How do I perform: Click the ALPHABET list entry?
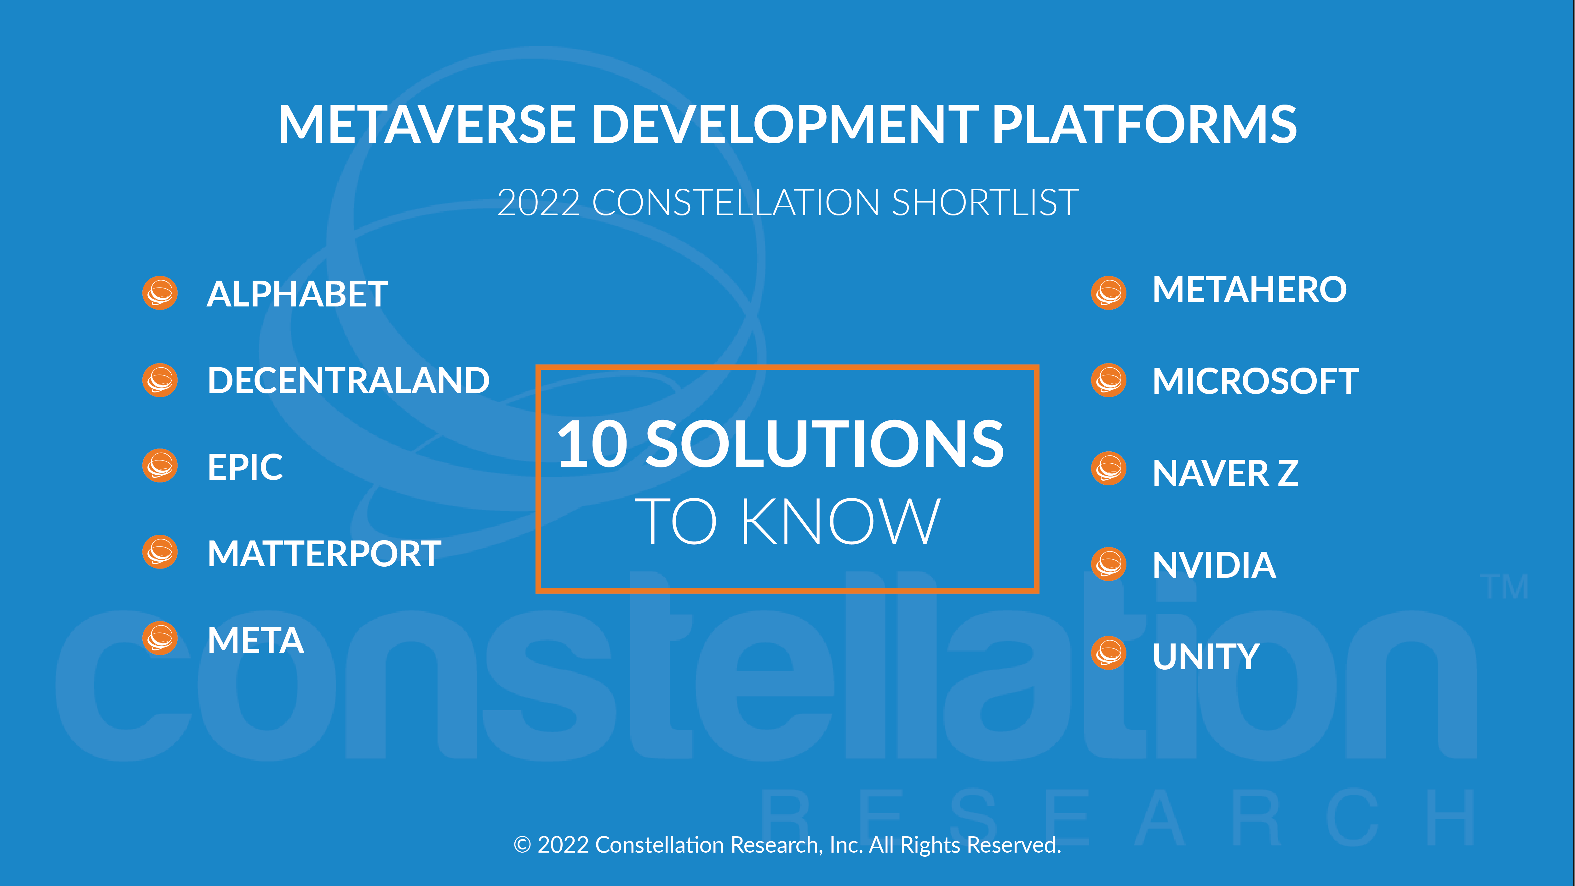coord(297,294)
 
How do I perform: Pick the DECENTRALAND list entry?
coord(348,380)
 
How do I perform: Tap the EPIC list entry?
coord(245,467)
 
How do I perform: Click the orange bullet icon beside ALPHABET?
coord(160,293)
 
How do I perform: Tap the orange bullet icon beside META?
coord(160,638)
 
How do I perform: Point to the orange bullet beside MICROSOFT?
coord(1108,380)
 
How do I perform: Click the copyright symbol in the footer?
coord(522,845)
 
